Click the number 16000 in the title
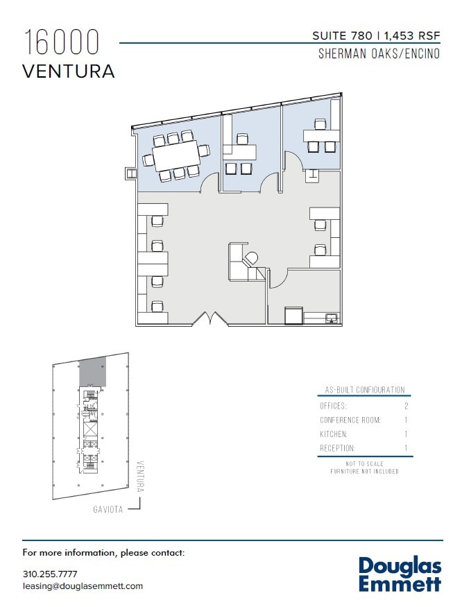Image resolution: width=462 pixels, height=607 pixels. pos(62,43)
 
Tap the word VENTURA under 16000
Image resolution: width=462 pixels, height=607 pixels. pos(68,71)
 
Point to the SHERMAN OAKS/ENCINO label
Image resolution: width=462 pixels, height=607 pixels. pos(379,53)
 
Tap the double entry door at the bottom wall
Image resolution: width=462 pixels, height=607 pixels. pos(210,318)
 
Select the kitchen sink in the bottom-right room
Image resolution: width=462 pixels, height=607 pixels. pos(332,318)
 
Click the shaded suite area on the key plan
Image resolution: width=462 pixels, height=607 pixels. pos(92,371)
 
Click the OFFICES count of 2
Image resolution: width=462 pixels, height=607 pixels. pos(406,405)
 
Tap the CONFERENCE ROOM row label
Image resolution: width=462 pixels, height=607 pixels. pos(350,420)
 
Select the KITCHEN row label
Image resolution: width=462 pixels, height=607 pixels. pos(334,434)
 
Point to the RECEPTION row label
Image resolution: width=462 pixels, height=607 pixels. pos(337,448)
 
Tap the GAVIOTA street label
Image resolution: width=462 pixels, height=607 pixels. pos(108,509)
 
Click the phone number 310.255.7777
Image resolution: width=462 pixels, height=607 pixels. pos(50,574)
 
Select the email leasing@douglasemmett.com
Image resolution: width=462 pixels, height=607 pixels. pos(83,585)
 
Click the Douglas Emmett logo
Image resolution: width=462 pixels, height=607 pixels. pos(400,574)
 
